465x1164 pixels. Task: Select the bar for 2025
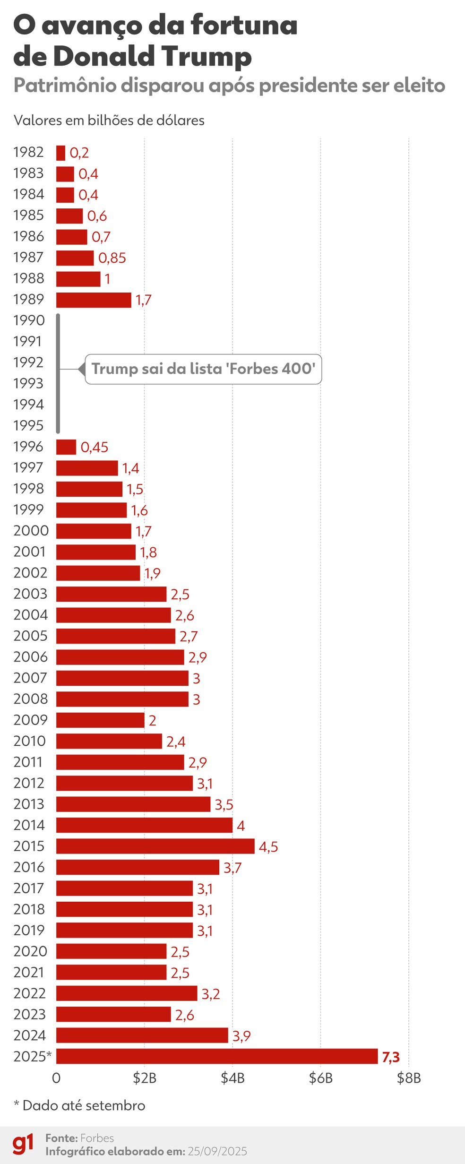coord(217,1056)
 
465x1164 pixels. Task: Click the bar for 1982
coord(60,153)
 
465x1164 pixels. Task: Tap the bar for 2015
coord(155,846)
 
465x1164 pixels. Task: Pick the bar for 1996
coord(66,447)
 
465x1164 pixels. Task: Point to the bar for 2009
coord(100,720)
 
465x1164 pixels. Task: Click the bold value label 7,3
coord(391,1057)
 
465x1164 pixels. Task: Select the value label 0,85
coord(112,258)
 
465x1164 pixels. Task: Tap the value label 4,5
coord(268,846)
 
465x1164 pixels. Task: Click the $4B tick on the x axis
coord(232,1078)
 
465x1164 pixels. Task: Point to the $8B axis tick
coord(409,1078)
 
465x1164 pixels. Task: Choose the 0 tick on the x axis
coord(56,1078)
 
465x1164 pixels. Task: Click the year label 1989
coord(28,299)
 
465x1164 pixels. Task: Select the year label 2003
coord(30,594)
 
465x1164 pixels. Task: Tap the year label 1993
coord(28,383)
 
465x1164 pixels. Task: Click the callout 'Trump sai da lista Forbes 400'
coord(203,369)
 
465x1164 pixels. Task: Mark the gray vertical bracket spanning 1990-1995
coord(58,373)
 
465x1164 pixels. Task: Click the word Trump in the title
coord(206,56)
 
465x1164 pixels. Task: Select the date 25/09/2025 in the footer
coord(217,1151)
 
